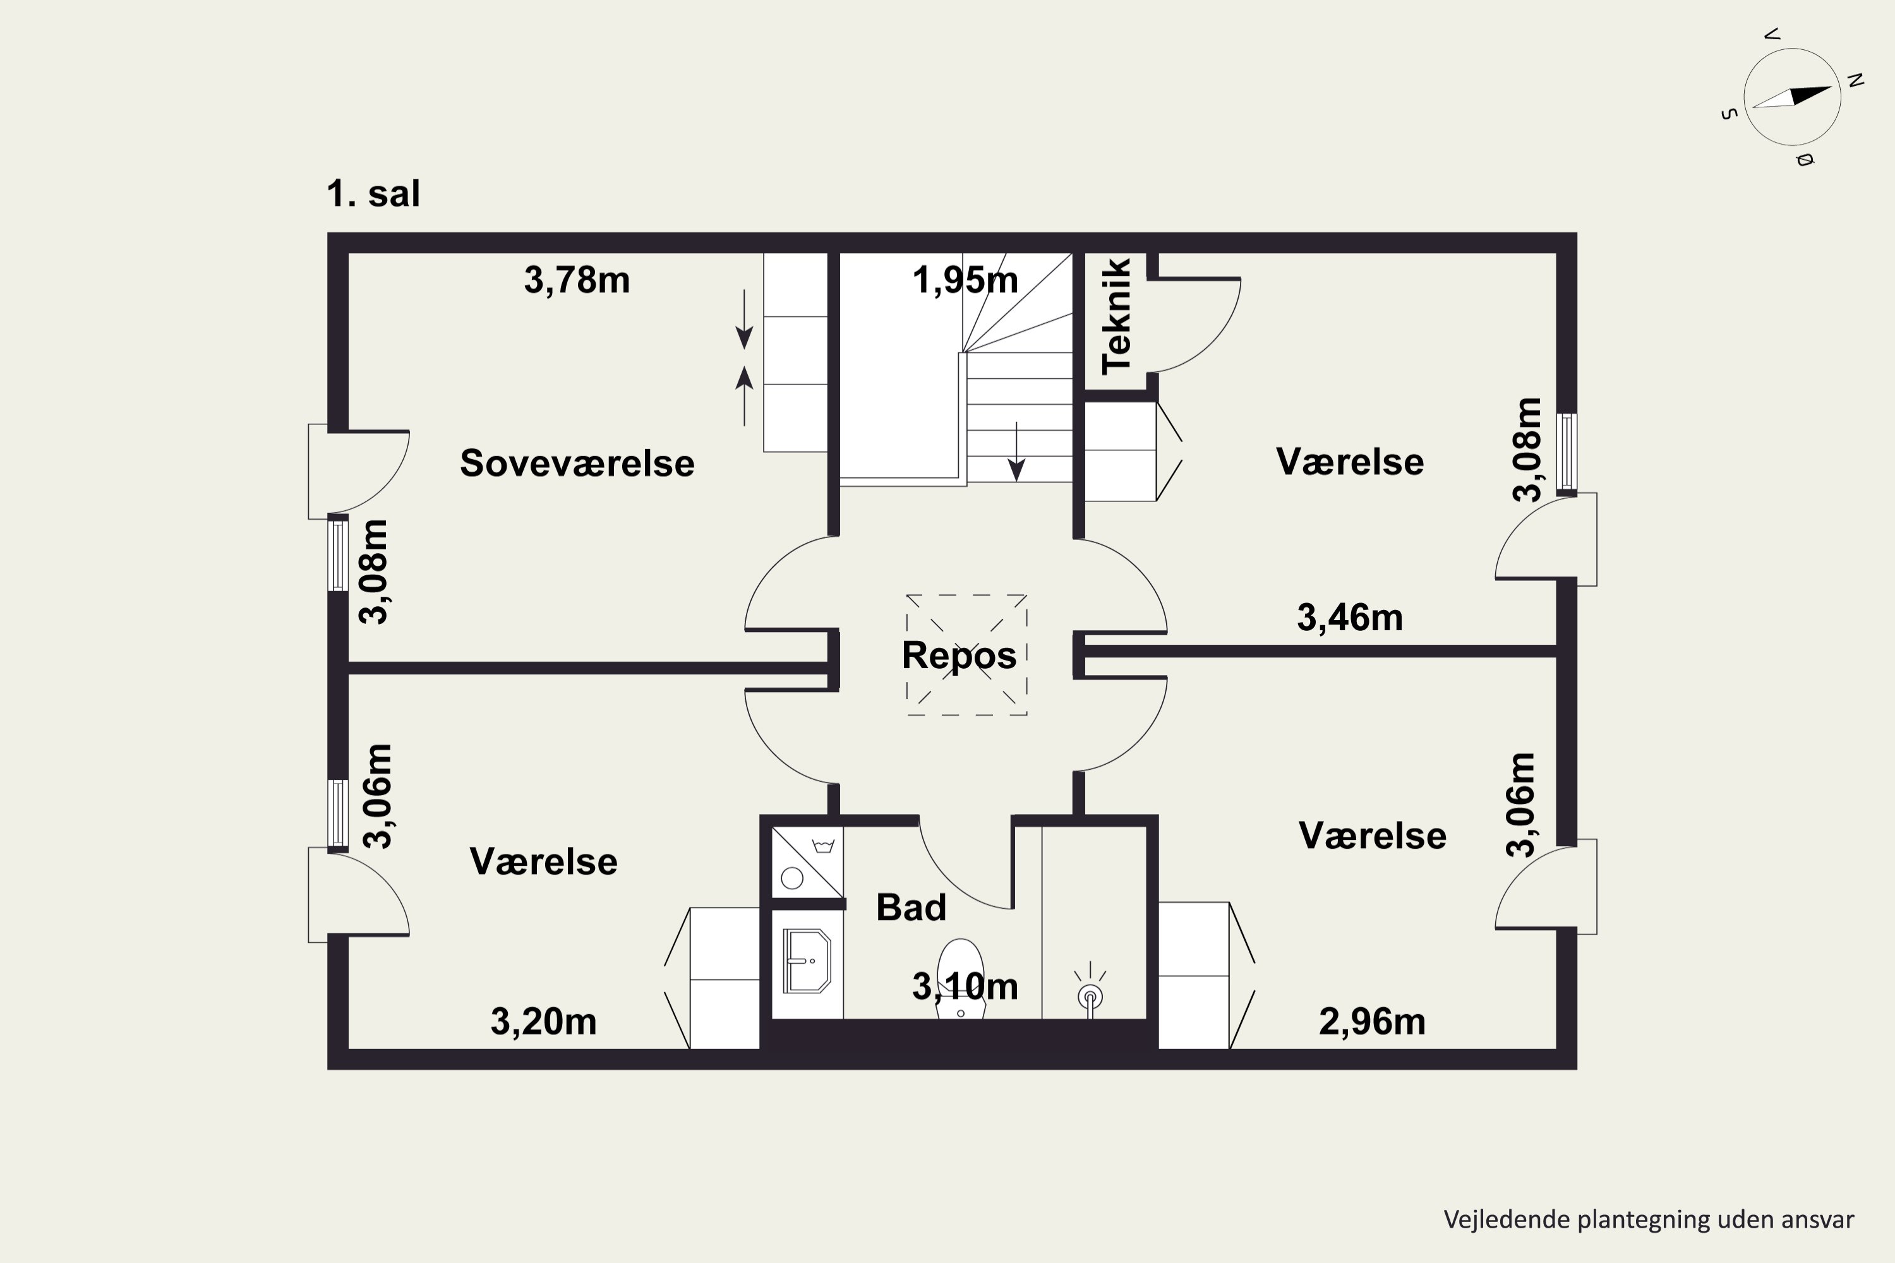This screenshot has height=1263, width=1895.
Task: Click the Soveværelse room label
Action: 577,463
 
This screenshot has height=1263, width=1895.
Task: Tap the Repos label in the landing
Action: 959,655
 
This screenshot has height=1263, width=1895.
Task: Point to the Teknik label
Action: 1117,316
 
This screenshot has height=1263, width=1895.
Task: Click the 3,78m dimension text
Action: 577,280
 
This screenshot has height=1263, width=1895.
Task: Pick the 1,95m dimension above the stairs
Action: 965,280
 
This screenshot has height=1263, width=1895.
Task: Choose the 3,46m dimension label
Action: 1349,618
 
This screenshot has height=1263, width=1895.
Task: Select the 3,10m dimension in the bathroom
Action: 965,986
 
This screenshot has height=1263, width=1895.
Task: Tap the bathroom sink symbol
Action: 807,961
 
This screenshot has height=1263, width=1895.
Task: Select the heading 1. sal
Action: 373,194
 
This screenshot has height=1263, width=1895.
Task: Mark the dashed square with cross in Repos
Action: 966,655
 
